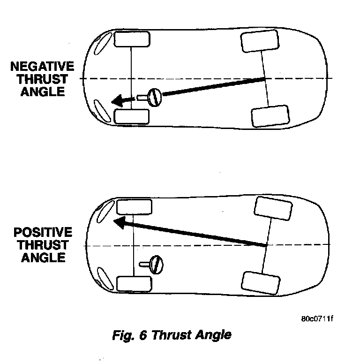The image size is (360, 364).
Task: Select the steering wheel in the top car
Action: coord(154,97)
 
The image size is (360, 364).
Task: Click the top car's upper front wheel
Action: coord(132,39)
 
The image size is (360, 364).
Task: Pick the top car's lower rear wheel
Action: coord(270,116)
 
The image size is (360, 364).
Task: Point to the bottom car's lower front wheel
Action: coord(134,283)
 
